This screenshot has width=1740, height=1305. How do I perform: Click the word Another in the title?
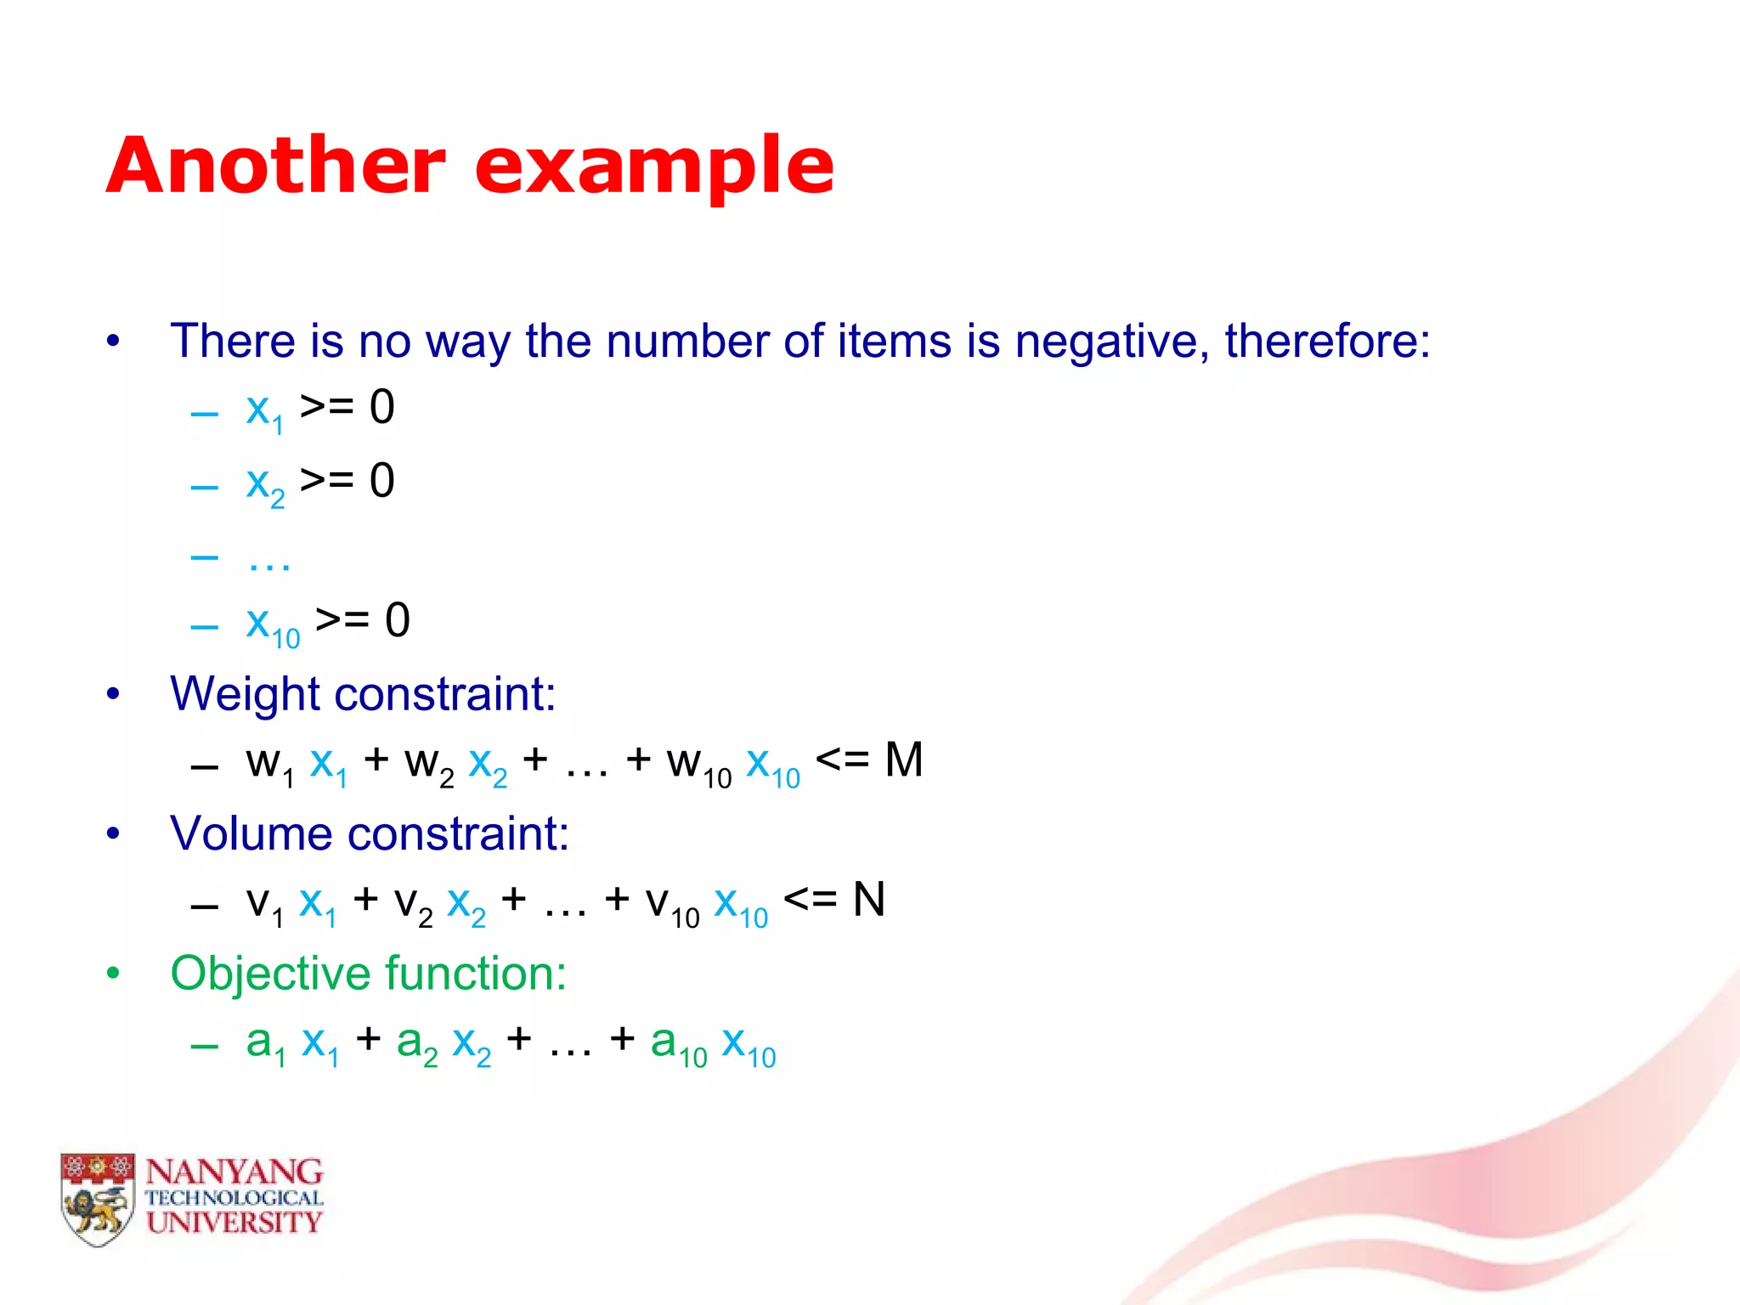276,166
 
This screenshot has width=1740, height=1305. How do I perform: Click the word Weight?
246,695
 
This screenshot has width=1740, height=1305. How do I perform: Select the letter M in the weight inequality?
903,760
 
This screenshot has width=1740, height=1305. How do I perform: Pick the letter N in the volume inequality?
868,900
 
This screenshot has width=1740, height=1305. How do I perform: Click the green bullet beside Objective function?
113,974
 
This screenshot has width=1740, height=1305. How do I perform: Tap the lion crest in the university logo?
98,1200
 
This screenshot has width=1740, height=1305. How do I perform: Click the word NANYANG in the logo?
234,1172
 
